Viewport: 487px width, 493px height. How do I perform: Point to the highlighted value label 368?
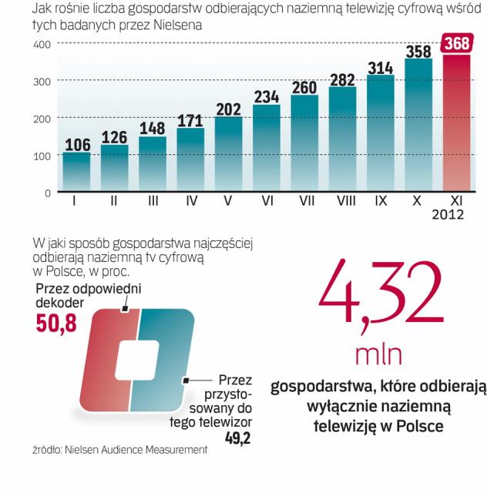coord(455,44)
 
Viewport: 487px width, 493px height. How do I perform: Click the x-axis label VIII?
coord(341,202)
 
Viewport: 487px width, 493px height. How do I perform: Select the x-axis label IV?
coord(190,202)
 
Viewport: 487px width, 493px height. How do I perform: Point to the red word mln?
coord(378,355)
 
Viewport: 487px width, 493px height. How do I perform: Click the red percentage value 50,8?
coord(56,324)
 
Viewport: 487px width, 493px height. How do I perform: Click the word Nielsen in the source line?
coord(86,450)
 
